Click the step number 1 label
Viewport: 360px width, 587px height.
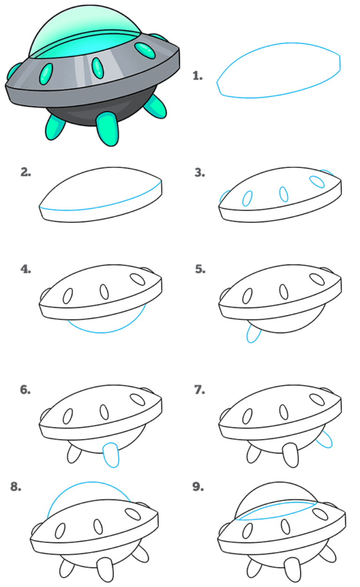tap(197, 76)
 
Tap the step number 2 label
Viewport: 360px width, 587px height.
tap(26, 172)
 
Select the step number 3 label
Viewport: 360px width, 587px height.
tap(200, 172)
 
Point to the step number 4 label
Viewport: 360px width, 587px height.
tap(26, 269)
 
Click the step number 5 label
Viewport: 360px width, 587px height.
tap(200, 269)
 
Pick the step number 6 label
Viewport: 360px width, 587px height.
tap(26, 390)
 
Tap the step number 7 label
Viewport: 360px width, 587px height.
tap(200, 390)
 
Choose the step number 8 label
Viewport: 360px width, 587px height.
tap(16, 486)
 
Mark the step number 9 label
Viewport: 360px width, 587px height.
tap(198, 486)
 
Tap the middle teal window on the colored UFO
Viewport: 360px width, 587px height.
tap(97, 67)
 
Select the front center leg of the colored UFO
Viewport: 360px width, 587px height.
tap(107, 128)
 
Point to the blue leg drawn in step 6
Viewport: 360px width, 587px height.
tap(111, 454)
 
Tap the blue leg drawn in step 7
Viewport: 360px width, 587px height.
tap(325, 439)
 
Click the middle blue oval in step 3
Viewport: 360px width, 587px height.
tap(284, 194)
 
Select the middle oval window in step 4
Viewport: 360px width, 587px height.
tap(104, 291)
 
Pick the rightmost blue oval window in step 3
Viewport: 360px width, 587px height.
tap(317, 181)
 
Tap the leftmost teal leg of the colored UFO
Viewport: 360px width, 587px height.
tap(54, 127)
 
